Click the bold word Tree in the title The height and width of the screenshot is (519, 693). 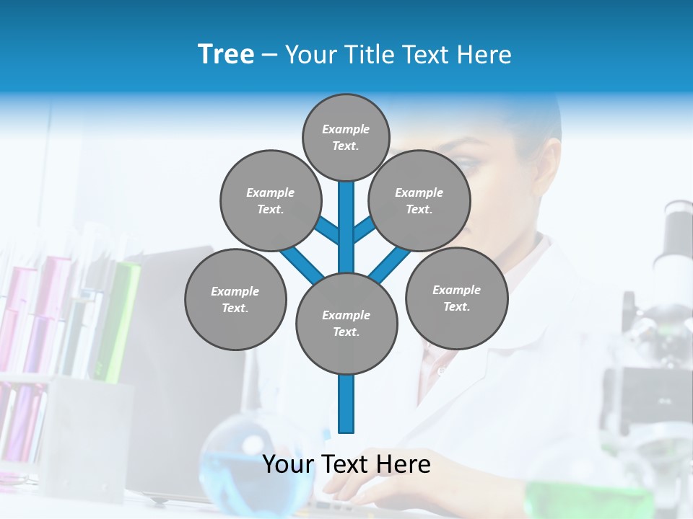click(x=226, y=54)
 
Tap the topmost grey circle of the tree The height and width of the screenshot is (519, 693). click(x=346, y=137)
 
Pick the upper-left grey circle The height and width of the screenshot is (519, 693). click(x=270, y=200)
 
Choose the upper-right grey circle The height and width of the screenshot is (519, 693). click(x=419, y=200)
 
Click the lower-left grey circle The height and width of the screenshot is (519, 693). click(x=235, y=299)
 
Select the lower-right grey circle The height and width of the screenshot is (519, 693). click(x=456, y=298)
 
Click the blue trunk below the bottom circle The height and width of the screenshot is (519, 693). click(x=346, y=404)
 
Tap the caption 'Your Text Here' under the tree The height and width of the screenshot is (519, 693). click(x=346, y=463)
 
